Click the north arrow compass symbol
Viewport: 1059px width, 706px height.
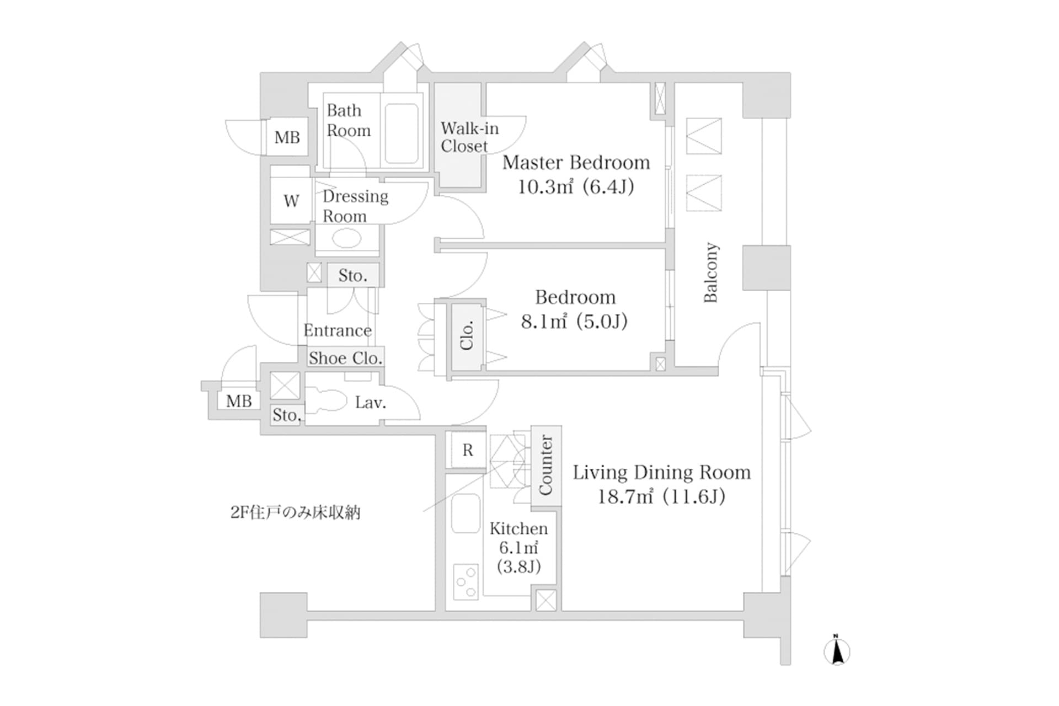pyautogui.click(x=837, y=652)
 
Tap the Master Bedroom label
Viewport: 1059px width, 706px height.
pyautogui.click(x=576, y=163)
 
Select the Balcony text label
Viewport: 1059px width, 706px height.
pyautogui.click(x=711, y=272)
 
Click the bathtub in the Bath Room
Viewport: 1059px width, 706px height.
pyautogui.click(x=401, y=133)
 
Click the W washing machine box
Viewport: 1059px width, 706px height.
pyautogui.click(x=291, y=201)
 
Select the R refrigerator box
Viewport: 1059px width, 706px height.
pyautogui.click(x=467, y=450)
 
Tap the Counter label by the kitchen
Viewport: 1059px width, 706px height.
pyautogui.click(x=545, y=465)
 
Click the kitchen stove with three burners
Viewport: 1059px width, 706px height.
pyautogui.click(x=466, y=581)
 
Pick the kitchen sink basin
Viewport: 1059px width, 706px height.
pyautogui.click(x=466, y=513)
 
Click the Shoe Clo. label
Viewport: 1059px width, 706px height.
pyautogui.click(x=345, y=358)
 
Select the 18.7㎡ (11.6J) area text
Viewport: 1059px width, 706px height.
pyautogui.click(x=661, y=497)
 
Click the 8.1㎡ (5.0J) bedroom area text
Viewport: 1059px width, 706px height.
pyautogui.click(x=574, y=321)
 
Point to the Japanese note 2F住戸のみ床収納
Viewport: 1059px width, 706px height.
pyautogui.click(x=295, y=512)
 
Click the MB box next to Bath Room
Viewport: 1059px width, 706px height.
pyautogui.click(x=287, y=137)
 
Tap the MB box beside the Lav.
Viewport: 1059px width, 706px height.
pyautogui.click(x=239, y=401)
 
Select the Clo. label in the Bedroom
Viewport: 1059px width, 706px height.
pyautogui.click(x=467, y=336)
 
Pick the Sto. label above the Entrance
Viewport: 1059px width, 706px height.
pyautogui.click(x=352, y=275)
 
